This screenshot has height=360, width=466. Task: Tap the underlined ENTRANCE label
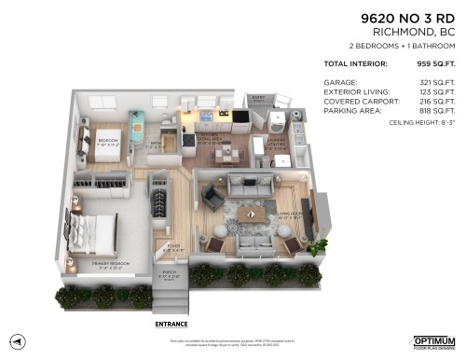(x=171, y=325)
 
